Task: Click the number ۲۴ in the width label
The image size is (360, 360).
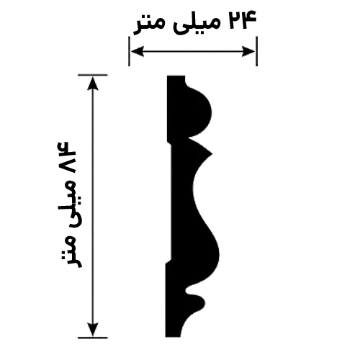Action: pyautogui.click(x=243, y=20)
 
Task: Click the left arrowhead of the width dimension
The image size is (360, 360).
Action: pyautogui.click(x=138, y=51)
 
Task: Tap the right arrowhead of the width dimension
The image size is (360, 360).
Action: pyautogui.click(x=248, y=51)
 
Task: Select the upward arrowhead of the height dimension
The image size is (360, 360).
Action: pyautogui.click(x=93, y=83)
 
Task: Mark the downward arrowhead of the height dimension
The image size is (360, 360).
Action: pyautogui.click(x=93, y=330)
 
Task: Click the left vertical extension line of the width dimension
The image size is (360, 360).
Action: pyautogui.click(x=130, y=51)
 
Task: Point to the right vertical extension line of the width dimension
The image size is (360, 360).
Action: pyautogui.click(x=256, y=51)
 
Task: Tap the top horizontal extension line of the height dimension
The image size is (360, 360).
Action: pyautogui.click(x=93, y=75)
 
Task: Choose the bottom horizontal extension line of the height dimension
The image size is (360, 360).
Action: pyautogui.click(x=93, y=338)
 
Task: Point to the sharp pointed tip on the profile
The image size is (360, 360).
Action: pyautogui.click(x=211, y=154)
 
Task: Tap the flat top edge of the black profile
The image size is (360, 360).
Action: pyautogui.click(x=176, y=76)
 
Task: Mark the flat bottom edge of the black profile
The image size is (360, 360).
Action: pyautogui.click(x=172, y=336)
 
